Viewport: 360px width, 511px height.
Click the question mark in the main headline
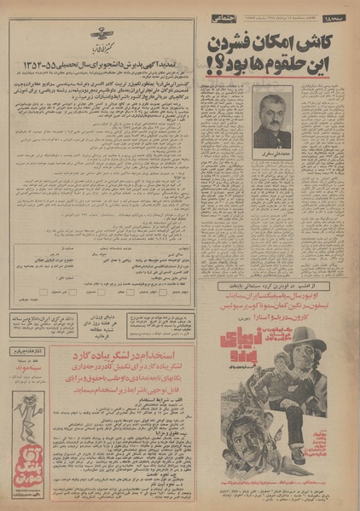(214, 64)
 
